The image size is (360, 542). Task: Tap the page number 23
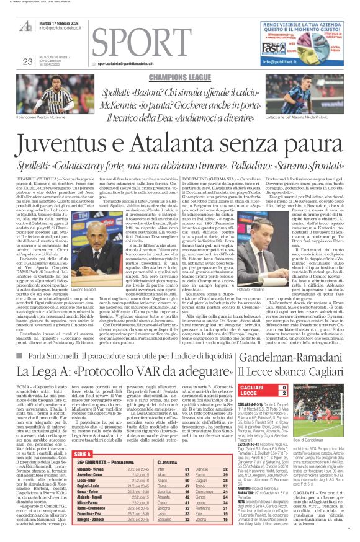[x=27, y=61]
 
